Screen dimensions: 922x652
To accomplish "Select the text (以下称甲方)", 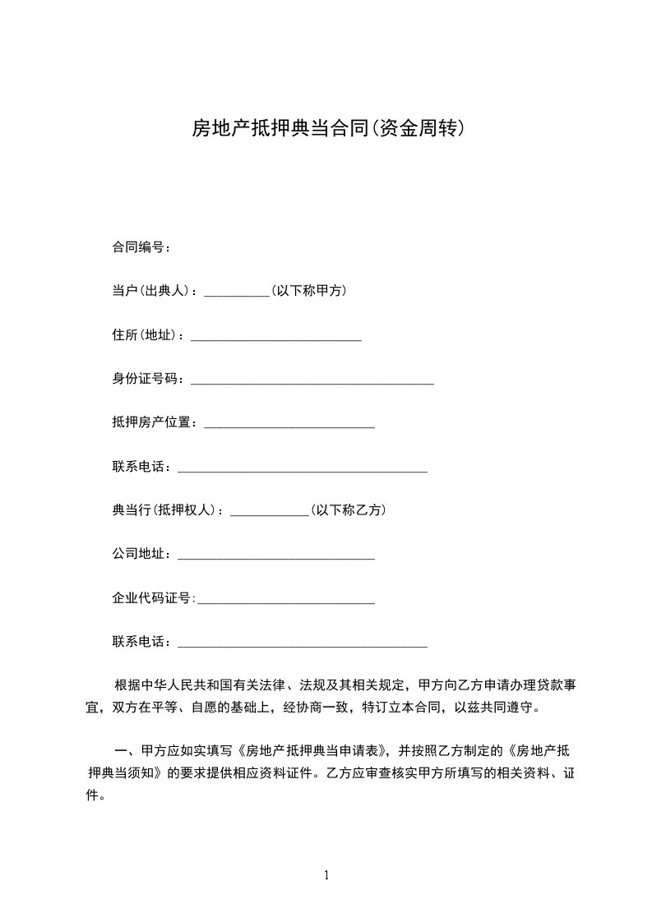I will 308,290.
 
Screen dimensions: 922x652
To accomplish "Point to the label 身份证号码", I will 149,378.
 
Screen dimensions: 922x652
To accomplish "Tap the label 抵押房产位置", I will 155,422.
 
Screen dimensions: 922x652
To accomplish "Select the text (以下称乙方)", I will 348,510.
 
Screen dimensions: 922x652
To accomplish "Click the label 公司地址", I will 142,554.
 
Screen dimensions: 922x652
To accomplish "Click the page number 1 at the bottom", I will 326,875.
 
